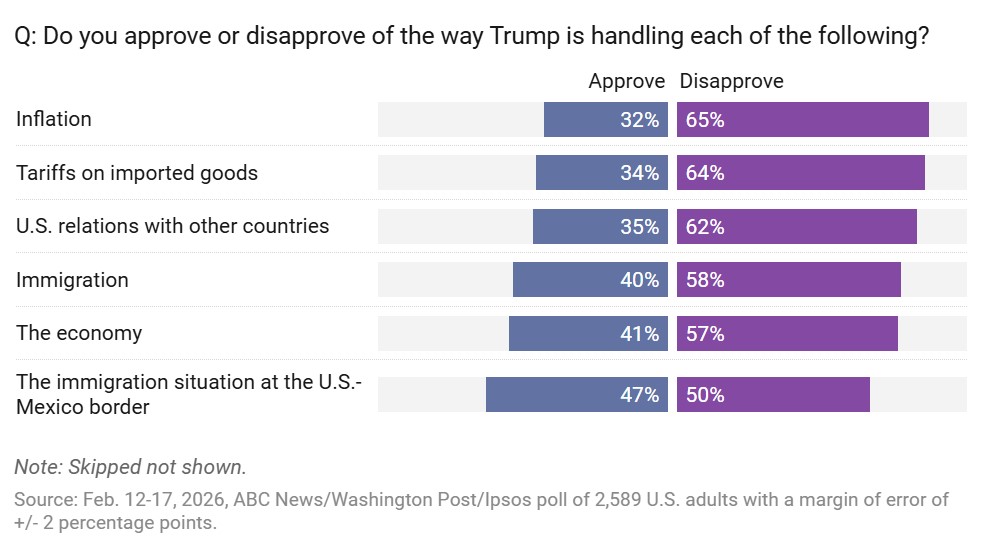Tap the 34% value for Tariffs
(x=639, y=173)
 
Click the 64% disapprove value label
(x=705, y=173)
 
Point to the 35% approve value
(x=639, y=226)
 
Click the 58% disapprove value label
(x=705, y=280)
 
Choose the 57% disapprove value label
(x=705, y=333)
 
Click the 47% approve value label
(x=639, y=395)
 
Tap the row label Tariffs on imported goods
(x=137, y=173)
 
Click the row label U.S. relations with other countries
(x=172, y=226)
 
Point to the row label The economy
(x=79, y=333)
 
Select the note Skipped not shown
(x=130, y=467)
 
